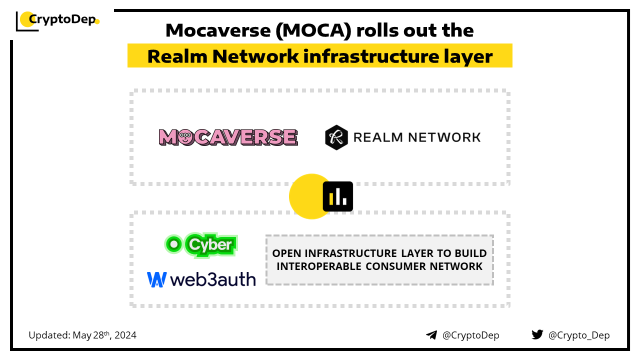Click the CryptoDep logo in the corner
tap(57, 21)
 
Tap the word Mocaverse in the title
tap(218, 30)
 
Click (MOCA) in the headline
tap(313, 30)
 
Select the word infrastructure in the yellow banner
tap(371, 56)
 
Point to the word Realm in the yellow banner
tap(177, 56)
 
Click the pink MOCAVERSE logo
tap(228, 137)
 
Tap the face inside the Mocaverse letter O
tap(185, 137)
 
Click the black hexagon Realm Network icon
tap(336, 137)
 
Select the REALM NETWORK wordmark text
tap(417, 137)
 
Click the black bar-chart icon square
tap(337, 196)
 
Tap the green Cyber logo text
tap(210, 245)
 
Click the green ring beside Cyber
tap(173, 244)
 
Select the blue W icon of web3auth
tap(156, 279)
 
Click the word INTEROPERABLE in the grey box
tap(319, 266)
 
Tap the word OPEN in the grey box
tap(286, 253)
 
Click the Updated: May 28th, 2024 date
tap(82, 335)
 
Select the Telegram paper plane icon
tap(431, 335)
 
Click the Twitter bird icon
tap(537, 334)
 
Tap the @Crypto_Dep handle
tap(579, 335)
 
